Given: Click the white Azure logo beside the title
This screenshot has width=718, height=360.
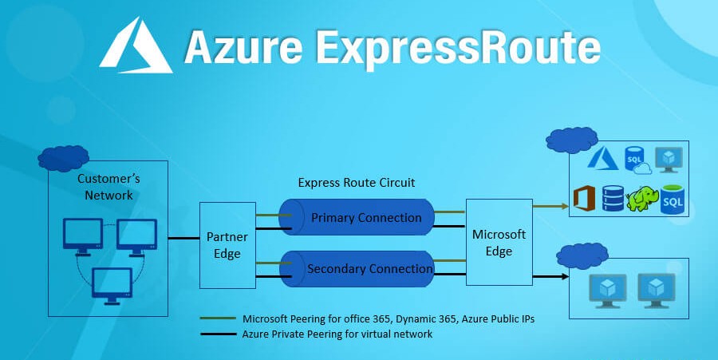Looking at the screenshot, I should pos(136,48).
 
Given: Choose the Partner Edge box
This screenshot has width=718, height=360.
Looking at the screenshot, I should pos(227,245).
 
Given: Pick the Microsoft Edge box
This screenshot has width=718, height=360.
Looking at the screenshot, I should pos(499,243).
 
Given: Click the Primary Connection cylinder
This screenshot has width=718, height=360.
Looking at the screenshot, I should pos(357,218).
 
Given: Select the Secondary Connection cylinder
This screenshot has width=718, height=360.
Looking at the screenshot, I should pos(357,270).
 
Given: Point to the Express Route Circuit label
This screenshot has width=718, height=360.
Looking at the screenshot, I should pos(356,182).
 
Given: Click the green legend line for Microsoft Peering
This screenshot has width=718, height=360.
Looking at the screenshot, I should pos(218,318).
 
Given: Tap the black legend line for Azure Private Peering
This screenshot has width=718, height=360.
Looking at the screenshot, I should pos(218,334).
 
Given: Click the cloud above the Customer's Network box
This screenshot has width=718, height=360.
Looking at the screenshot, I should pos(63,157).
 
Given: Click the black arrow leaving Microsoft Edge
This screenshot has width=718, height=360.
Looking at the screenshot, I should pos(550,276).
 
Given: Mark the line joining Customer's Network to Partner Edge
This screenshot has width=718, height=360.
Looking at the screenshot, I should pos(183,238).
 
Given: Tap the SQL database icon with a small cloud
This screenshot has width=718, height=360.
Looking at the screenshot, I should pos(637,159).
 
